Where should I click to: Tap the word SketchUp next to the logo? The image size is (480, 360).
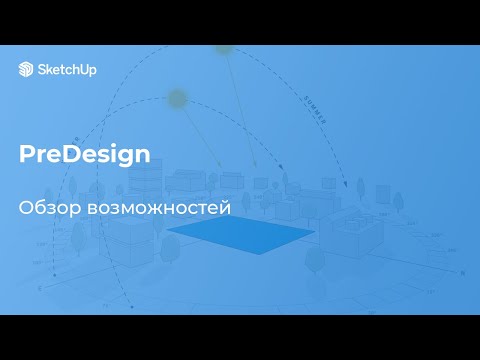(x=61, y=69)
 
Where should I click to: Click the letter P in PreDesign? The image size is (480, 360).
(x=26, y=155)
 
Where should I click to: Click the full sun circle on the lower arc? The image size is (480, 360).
(x=178, y=98)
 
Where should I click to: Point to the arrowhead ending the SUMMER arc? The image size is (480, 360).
(x=346, y=185)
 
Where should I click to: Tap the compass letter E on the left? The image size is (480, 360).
(x=40, y=287)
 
